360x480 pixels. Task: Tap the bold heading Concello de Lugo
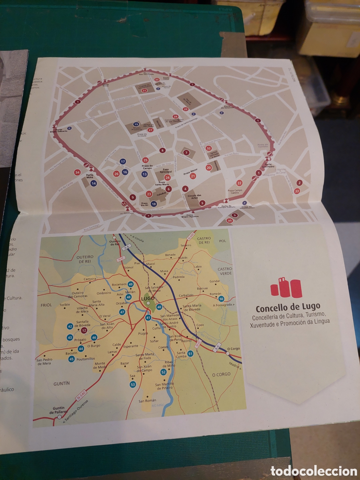288,308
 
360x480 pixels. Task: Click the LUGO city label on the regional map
148,298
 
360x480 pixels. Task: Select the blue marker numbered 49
130,284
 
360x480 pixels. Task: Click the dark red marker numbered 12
84,331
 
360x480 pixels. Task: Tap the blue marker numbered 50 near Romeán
221,299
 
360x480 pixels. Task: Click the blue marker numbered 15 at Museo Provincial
136,124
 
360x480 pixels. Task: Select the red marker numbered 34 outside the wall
77,172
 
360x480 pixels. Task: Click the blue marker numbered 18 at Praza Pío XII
154,204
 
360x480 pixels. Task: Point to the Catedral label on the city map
161,194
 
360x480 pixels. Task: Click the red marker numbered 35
230,221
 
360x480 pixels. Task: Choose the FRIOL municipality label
46,305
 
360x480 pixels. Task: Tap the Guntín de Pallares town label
58,410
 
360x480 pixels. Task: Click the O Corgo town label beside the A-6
233,349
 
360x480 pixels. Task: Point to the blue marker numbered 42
70,326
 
